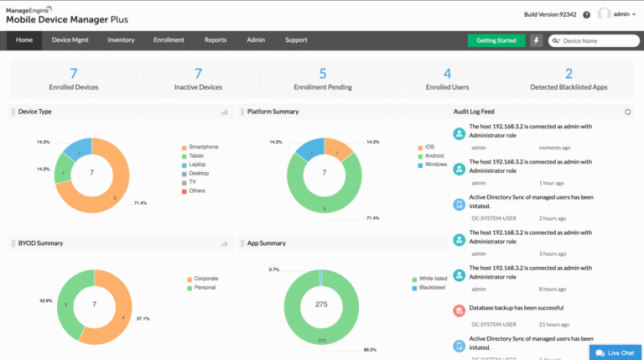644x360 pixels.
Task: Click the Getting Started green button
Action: pos(496,40)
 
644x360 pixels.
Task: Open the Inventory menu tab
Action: pos(121,40)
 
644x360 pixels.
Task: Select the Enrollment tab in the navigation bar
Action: pos(169,40)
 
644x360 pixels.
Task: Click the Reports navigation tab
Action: pos(216,40)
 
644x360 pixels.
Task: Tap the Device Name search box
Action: pos(594,40)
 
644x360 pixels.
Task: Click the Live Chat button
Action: pos(615,352)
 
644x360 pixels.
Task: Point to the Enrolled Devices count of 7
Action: pos(74,74)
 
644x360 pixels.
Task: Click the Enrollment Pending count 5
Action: pos(323,74)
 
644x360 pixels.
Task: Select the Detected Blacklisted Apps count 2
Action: pos(569,74)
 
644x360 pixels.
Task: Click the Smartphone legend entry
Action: pos(203,147)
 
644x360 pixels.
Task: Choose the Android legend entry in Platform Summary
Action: pos(434,155)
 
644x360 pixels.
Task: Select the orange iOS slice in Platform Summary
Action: pos(337,150)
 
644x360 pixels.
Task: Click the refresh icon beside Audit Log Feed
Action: pos(628,112)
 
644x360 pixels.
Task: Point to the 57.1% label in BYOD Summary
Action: pos(143,319)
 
